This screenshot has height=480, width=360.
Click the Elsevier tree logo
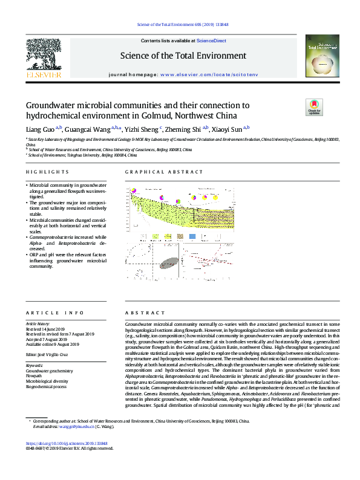click(43, 57)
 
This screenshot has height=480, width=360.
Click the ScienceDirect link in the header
click(211, 41)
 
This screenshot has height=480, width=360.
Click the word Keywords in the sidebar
click(34, 365)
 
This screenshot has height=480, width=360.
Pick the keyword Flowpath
click(34, 376)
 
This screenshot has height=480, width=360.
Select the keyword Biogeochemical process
click(48, 387)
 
